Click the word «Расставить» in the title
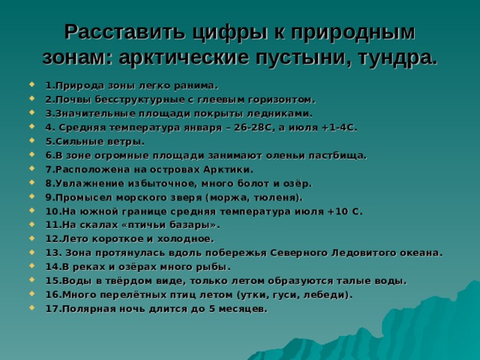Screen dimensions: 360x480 click(x=121, y=32)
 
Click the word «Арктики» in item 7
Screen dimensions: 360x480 click(x=220, y=169)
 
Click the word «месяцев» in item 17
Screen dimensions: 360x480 click(x=241, y=309)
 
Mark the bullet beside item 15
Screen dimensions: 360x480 click(x=35, y=281)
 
